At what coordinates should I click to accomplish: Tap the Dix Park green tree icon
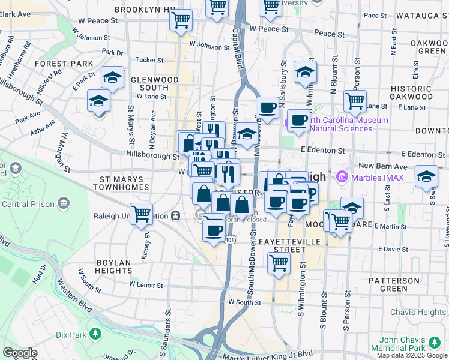pos(95,334)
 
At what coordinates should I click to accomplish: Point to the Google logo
pos(19,353)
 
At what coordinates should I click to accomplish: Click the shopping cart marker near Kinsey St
pos(141,214)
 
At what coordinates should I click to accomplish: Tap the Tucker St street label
pos(149,60)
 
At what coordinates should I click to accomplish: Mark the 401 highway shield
pos(229,240)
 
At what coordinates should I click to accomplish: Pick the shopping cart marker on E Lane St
pos(355,100)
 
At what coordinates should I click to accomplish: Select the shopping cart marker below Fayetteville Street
pos(279,262)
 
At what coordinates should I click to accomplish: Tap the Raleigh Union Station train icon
pos(176,216)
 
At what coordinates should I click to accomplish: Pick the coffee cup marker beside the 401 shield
pos(213,229)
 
